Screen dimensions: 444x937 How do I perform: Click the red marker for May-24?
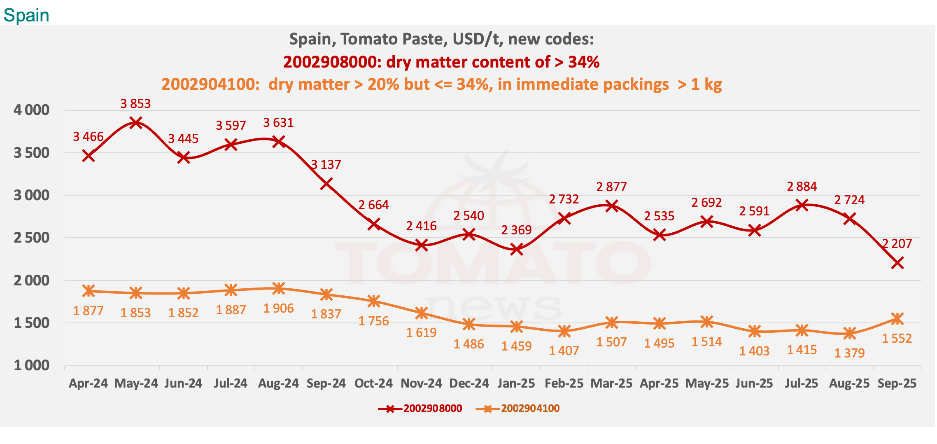coord(136,122)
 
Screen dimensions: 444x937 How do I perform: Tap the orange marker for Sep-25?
coord(897,319)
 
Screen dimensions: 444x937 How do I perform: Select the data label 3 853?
coord(135,103)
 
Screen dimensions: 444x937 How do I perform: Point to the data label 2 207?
coord(897,244)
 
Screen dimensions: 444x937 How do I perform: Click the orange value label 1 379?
coord(849,353)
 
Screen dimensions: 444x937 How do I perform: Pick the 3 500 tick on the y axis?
coord(31,153)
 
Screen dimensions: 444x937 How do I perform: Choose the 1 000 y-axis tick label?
coord(31,365)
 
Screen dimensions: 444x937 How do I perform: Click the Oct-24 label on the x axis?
coord(373,383)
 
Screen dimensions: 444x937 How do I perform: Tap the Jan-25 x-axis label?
coord(516,383)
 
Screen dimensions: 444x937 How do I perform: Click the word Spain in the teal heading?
coord(26,15)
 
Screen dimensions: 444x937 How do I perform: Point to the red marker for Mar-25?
coord(612,206)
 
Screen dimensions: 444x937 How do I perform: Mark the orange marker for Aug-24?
coord(279,288)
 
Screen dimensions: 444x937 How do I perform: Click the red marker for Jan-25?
coord(517,249)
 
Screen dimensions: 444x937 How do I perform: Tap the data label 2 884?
coord(802,187)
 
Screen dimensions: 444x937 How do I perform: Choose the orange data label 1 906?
coord(279,308)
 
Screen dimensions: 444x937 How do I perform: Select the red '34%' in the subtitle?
coord(584,62)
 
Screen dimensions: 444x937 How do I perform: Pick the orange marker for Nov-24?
coord(421,313)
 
